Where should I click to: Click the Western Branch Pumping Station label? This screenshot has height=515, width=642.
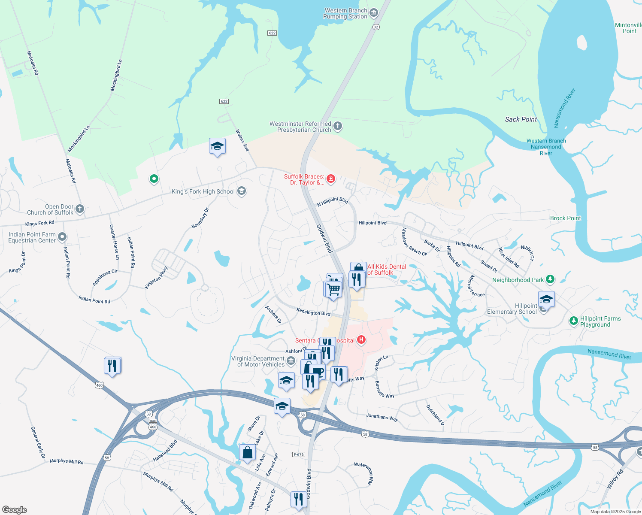[346, 14]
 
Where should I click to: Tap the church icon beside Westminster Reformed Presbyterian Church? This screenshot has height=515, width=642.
[338, 126]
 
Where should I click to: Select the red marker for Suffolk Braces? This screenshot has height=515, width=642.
[330, 179]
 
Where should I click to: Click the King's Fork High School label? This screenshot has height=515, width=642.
[203, 192]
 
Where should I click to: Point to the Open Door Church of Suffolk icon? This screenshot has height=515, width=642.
[80, 209]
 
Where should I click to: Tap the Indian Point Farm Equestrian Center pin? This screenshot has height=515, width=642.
[62, 237]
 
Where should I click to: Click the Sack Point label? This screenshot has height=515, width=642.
[521, 119]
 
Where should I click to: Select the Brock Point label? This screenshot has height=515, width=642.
[565, 218]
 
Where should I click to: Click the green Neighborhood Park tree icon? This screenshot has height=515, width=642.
[550, 279]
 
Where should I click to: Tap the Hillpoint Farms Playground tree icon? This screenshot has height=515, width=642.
[573, 321]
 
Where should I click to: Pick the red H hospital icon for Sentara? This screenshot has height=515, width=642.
[361, 340]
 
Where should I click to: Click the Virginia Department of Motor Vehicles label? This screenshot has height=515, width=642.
[258, 361]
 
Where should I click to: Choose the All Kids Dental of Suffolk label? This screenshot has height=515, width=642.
[386, 270]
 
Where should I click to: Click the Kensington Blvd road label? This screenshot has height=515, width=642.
[313, 312]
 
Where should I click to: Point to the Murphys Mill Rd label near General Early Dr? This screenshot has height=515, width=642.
[67, 461]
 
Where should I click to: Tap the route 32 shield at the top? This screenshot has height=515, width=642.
[376, 27]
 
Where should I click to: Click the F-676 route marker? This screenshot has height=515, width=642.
[298, 454]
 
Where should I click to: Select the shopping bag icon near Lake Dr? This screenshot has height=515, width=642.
[247, 452]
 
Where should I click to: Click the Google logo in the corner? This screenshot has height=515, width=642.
[14, 510]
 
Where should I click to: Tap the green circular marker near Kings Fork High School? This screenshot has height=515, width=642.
[154, 179]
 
